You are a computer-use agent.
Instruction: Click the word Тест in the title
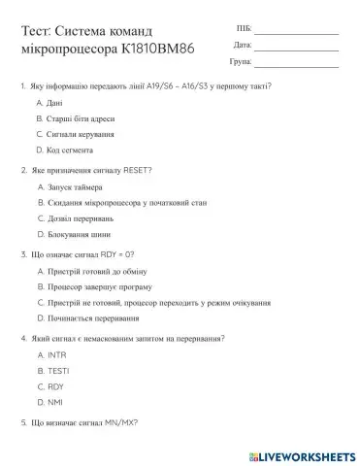click(x=36, y=32)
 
